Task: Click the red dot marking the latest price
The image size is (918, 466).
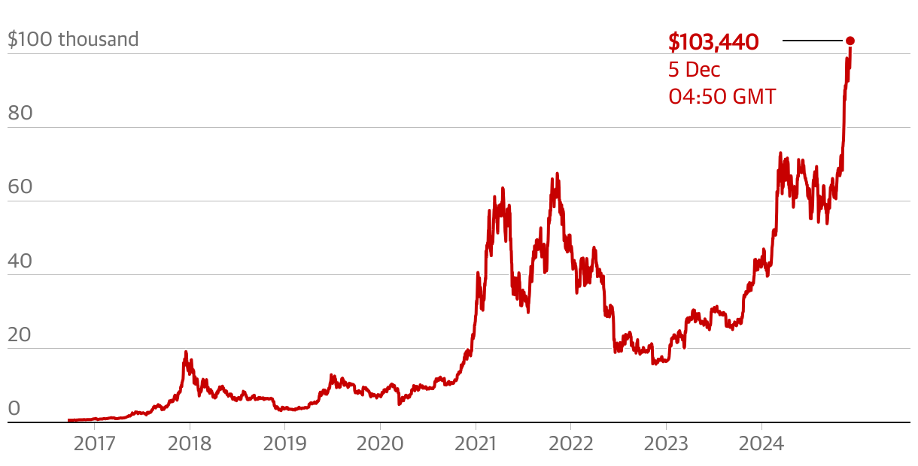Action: [x=850, y=41]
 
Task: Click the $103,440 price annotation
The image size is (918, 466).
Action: [x=713, y=42]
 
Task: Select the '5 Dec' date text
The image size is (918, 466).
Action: [x=694, y=70]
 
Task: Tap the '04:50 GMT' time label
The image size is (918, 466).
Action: [x=722, y=97]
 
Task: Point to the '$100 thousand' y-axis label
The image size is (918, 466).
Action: [x=73, y=39]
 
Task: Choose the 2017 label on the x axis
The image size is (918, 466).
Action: [x=95, y=443]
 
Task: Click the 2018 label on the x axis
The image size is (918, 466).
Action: [x=190, y=443]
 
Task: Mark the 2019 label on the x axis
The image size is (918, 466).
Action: [x=284, y=443]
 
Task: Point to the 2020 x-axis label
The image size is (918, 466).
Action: [x=380, y=443]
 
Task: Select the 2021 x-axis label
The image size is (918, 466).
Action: [x=476, y=443]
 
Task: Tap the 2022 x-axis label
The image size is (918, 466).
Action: [x=570, y=443]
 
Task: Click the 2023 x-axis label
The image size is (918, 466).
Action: [x=666, y=443]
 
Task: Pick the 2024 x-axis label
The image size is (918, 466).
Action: [x=761, y=443]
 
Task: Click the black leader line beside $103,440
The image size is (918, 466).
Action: [x=813, y=41]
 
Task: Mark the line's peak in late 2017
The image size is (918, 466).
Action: [x=186, y=352]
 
